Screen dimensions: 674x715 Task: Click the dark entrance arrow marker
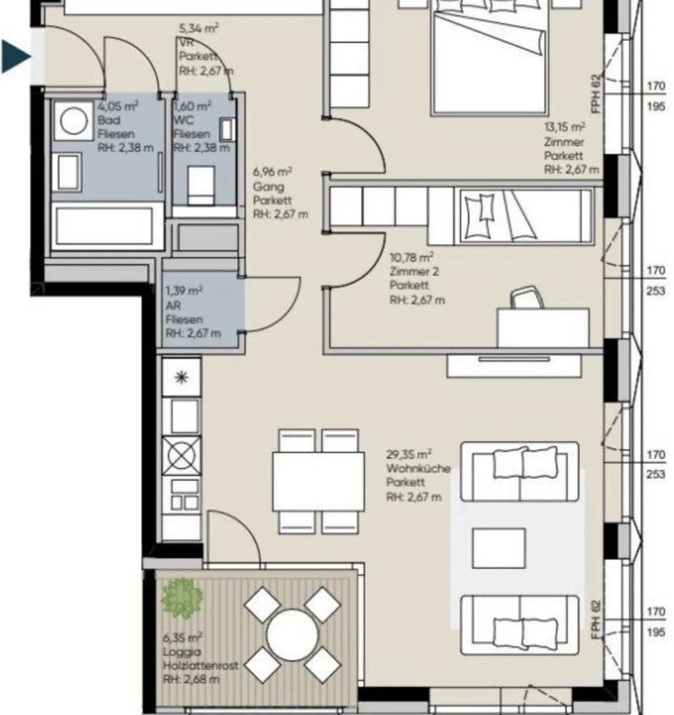[14, 56]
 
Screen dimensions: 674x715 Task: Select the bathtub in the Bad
[104, 226]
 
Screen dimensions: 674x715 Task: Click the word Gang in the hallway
[269, 187]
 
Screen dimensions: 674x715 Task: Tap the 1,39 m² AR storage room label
[184, 291]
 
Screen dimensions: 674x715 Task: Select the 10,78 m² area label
[412, 257]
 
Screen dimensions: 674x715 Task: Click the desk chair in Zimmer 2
[527, 297]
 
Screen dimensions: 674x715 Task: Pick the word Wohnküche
[418, 468]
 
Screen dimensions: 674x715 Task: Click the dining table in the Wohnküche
[319, 481]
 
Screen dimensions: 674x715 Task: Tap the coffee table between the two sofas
[499, 548]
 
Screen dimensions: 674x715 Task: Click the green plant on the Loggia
[182, 598]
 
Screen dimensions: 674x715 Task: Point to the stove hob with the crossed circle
[182, 456]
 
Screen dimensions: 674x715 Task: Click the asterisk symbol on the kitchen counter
[182, 377]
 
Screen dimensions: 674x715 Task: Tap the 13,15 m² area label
[565, 127]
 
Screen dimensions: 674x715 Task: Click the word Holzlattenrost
[201, 665]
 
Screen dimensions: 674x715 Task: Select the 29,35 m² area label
[409, 454]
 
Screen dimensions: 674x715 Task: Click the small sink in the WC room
[227, 129]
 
